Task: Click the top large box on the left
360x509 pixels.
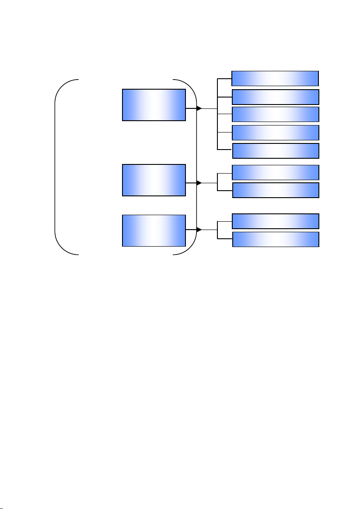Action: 154,105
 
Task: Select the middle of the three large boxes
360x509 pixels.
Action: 154,180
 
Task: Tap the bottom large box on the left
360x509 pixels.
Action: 154,230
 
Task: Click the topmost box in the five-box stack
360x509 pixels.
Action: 275,78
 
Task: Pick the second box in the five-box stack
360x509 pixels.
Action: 275,97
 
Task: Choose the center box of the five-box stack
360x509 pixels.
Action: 275,114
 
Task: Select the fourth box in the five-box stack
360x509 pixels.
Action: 275,132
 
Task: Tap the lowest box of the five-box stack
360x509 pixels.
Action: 275,150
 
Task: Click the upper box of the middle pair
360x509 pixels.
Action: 275,172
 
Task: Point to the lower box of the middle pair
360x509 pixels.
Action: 275,190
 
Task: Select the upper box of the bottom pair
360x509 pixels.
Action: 275,221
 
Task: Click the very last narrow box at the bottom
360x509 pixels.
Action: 275,239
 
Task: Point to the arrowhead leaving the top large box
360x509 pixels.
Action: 199,108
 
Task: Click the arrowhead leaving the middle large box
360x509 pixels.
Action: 199,183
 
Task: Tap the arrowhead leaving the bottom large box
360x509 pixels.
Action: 199,230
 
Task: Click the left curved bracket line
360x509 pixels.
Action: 55,166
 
